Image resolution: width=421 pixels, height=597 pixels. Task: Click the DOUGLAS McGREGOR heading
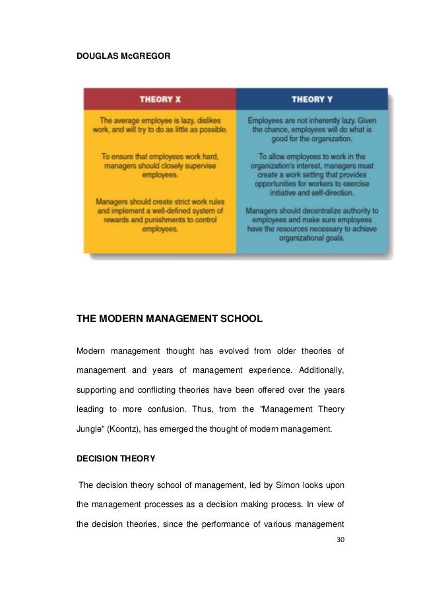pos(123,58)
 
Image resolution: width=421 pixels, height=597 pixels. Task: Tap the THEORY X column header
pos(160,99)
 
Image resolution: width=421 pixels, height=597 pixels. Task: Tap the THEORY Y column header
pos(312,99)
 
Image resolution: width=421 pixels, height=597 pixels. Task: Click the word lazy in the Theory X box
pos(197,121)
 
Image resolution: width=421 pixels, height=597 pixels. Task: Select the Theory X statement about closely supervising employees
pos(160,165)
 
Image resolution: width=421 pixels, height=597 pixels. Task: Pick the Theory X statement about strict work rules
pos(160,216)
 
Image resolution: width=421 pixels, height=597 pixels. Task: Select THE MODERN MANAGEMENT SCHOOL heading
pos(170,319)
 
